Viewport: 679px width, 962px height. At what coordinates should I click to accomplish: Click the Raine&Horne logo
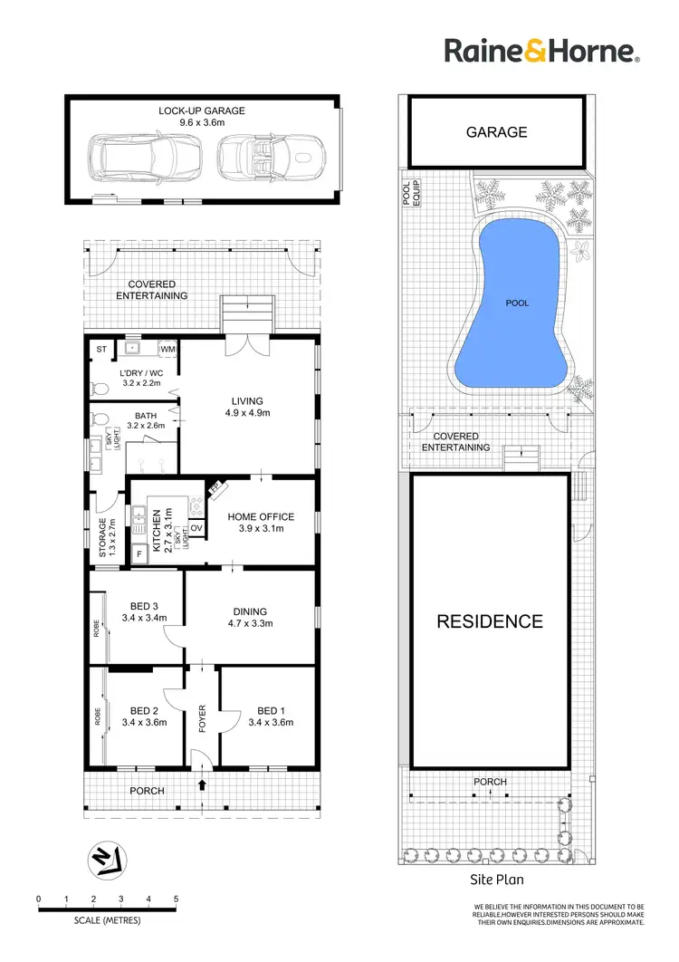tap(542, 51)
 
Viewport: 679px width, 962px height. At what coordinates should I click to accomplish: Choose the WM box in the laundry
tap(168, 348)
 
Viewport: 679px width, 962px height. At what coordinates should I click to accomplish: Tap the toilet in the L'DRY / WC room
tap(100, 387)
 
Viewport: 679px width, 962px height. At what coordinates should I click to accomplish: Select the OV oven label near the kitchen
tap(196, 528)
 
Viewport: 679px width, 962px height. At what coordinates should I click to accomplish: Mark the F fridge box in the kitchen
tap(139, 553)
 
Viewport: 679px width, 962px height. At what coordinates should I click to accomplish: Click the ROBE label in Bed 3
tap(96, 628)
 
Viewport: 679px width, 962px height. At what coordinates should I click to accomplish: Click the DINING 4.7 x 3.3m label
tap(249, 617)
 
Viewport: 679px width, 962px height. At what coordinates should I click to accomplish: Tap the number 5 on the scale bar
tap(176, 899)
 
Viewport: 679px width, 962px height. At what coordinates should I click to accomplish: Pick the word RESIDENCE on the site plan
tap(490, 621)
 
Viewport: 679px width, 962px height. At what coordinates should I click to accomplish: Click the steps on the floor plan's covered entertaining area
tap(246, 313)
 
